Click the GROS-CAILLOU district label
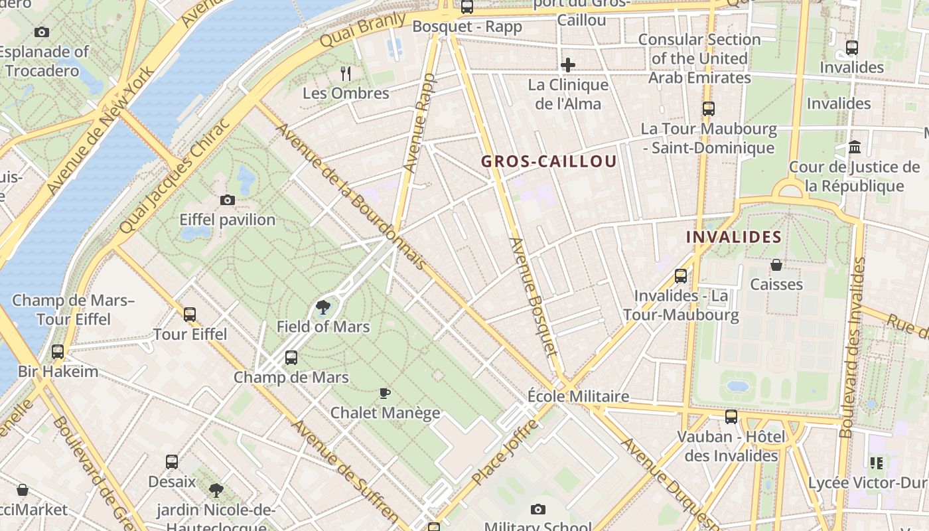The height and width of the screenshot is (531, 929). (549, 161)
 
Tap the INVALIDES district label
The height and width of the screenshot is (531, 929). (733, 237)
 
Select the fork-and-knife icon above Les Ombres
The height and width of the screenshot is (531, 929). (345, 73)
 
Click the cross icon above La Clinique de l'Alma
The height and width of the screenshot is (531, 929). (568, 65)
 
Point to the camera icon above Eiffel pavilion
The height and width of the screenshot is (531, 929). (228, 200)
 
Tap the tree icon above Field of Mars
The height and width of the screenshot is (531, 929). (323, 307)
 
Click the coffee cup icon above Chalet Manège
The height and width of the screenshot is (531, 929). (385, 394)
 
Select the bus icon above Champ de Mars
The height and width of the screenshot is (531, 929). (291, 358)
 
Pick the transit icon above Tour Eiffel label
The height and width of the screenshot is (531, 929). (190, 315)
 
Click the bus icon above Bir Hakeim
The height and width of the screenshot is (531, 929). (58, 352)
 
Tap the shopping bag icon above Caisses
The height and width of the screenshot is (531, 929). (776, 265)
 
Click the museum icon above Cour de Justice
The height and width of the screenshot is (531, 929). (855, 147)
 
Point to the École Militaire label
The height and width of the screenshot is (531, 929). (578, 396)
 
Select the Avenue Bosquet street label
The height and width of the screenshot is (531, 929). (534, 295)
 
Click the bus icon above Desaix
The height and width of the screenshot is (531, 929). (171, 462)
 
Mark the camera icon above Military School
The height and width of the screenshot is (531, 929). (537, 510)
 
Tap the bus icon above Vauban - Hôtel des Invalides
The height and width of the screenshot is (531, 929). (731, 417)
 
